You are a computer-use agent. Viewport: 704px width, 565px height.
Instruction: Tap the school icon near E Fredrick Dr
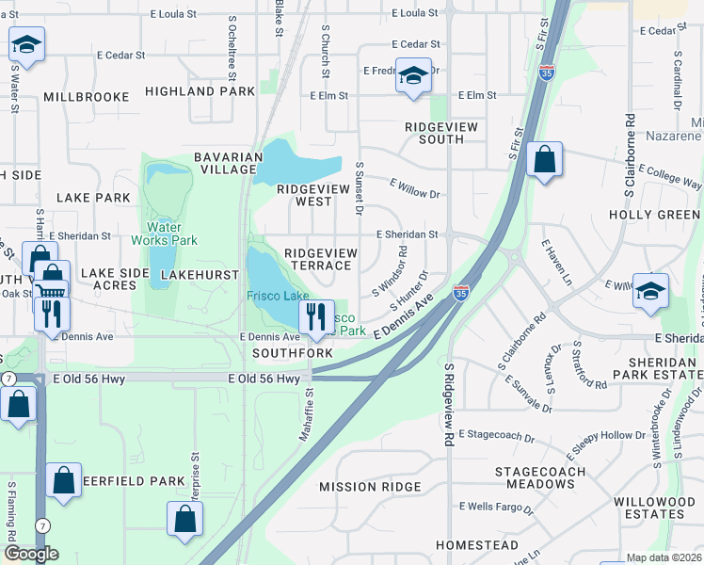[x=412, y=75]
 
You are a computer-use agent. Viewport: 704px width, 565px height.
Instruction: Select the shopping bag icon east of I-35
[x=544, y=160]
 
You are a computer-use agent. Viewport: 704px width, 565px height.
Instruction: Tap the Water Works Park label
[x=171, y=234]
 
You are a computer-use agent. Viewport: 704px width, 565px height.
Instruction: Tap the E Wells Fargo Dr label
[x=496, y=508]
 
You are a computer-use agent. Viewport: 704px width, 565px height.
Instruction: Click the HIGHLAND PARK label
[x=200, y=91]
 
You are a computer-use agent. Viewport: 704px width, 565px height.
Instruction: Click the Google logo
[x=30, y=554]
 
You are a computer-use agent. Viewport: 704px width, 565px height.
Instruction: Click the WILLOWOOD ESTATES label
[x=649, y=508]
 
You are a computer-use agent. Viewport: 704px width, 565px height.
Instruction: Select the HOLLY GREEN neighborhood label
[x=655, y=215]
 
